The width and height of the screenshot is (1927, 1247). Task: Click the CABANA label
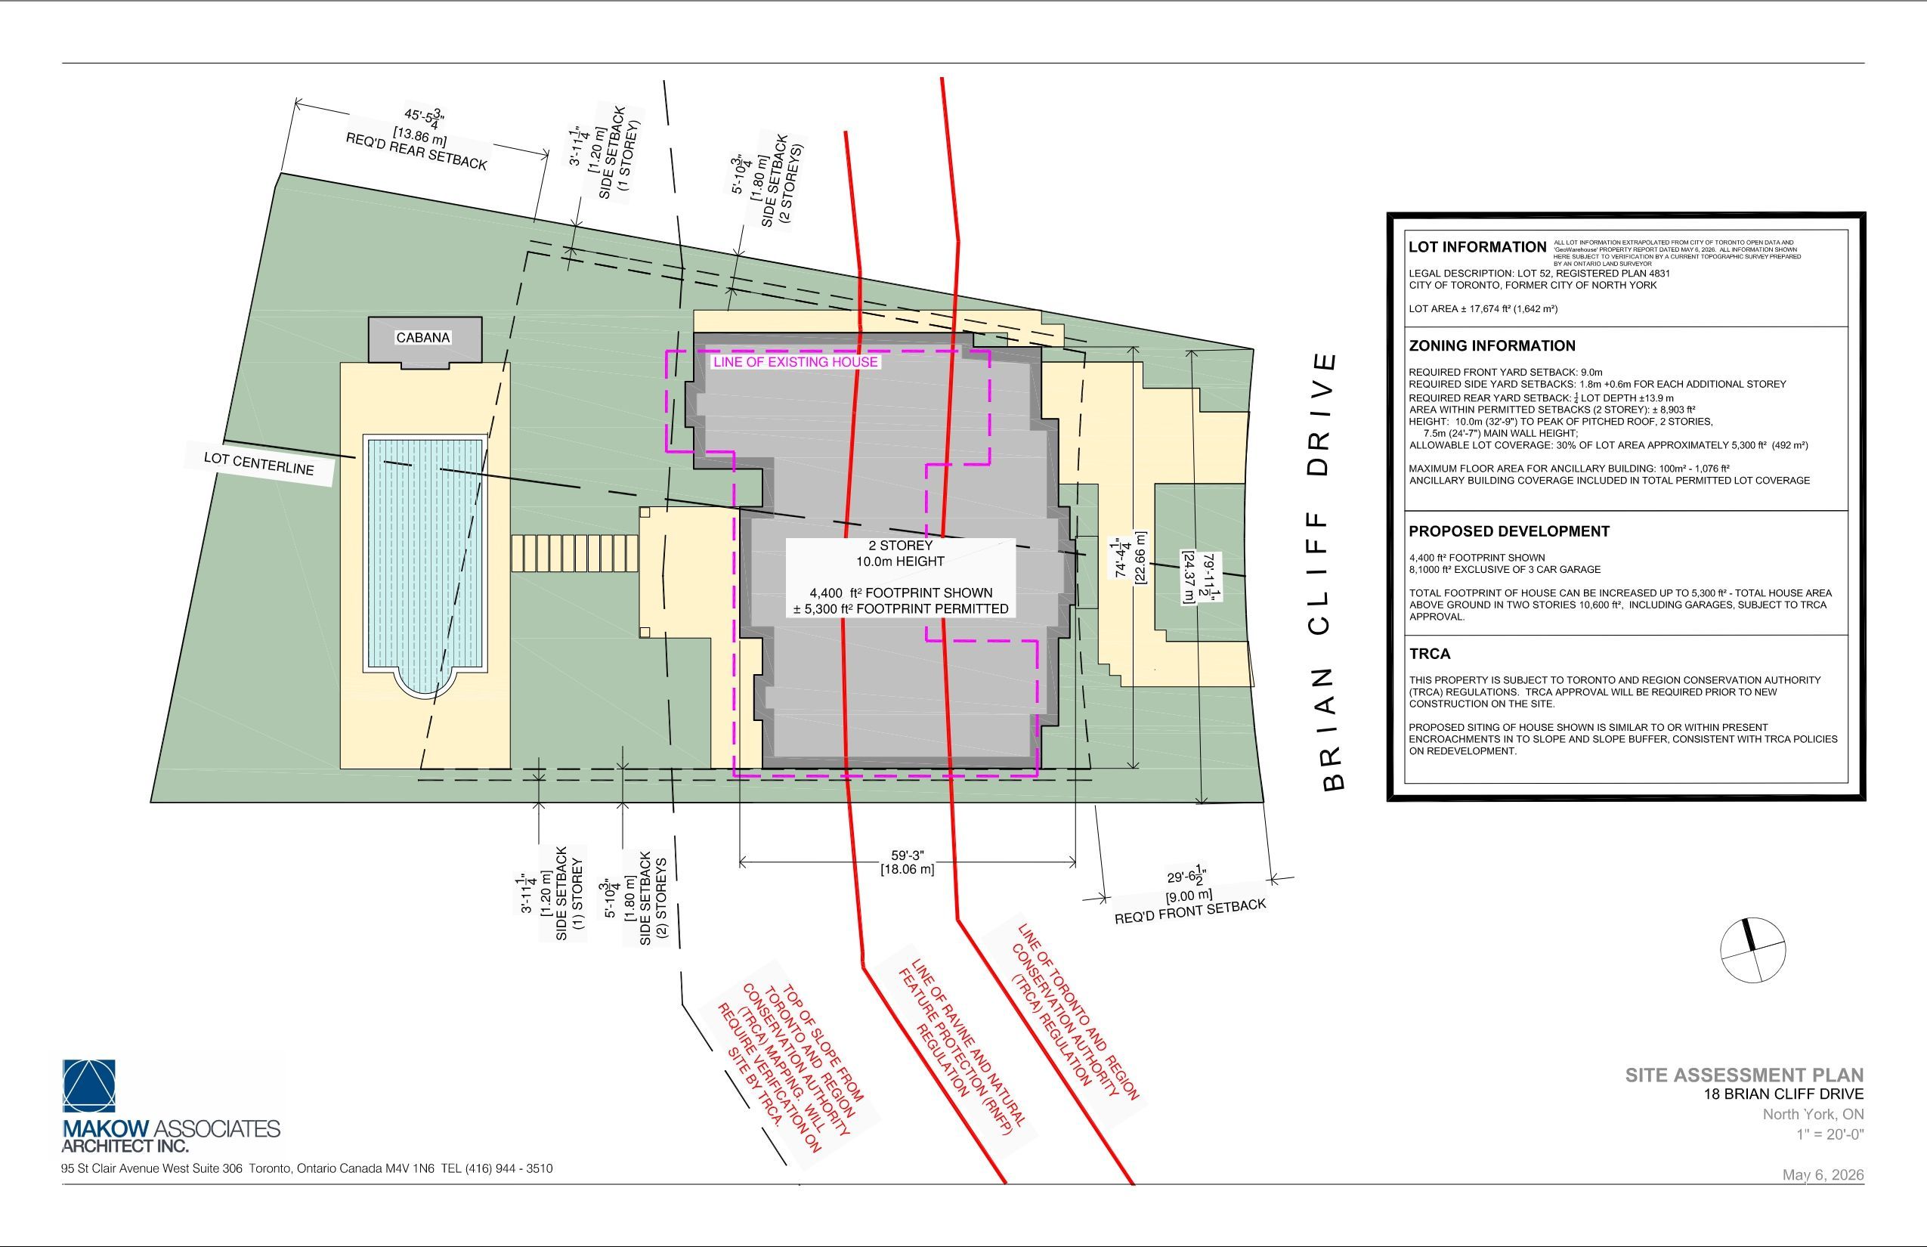[x=422, y=338]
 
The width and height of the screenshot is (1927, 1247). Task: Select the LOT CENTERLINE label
[x=259, y=464]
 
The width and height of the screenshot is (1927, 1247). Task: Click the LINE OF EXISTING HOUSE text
[x=795, y=362]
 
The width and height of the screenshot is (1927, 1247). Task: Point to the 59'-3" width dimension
[x=908, y=862]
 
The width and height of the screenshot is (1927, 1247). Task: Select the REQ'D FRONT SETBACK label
[x=1190, y=911]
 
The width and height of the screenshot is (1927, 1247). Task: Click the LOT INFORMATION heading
[x=1477, y=247]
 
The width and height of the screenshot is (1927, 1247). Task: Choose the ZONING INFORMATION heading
[x=1492, y=346]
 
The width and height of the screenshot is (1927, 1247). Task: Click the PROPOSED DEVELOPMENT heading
[x=1509, y=531]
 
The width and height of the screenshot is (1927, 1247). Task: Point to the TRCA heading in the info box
[x=1430, y=654]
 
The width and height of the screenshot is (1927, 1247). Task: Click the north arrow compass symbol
[x=1753, y=950]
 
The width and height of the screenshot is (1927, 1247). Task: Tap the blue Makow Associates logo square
[x=89, y=1086]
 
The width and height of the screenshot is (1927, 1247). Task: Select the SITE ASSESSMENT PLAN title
[x=1744, y=1075]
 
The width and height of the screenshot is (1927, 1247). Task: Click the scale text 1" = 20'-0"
[x=1830, y=1134]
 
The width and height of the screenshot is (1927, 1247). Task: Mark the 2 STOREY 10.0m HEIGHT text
[x=900, y=553]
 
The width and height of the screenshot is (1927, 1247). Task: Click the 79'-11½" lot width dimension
[x=1203, y=578]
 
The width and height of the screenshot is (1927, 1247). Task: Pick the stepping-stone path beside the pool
[x=575, y=552]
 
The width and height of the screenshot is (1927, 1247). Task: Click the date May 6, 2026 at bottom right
[x=1823, y=1175]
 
